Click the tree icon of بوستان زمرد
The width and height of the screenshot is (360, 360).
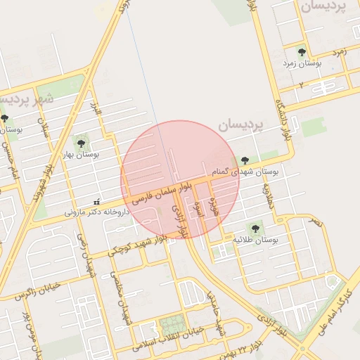[302, 53]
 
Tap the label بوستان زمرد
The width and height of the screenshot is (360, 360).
[302, 64]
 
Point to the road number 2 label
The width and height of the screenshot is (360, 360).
[301, 84]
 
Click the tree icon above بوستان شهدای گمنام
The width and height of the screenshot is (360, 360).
[245, 161]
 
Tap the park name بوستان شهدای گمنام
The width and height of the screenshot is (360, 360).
[245, 172]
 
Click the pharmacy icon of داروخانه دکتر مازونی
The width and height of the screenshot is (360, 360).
[97, 202]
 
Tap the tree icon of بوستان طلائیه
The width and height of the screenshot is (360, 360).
[255, 229]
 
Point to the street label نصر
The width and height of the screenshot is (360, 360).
[316, 221]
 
